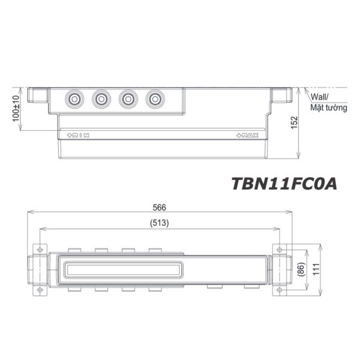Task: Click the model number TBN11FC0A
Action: (284, 183)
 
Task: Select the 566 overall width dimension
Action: (159, 207)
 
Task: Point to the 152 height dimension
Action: (294, 122)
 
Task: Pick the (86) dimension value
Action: (299, 270)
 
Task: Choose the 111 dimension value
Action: (314, 270)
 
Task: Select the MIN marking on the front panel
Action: (79, 136)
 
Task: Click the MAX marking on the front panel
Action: (248, 136)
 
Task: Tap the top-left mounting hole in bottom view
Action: (40, 249)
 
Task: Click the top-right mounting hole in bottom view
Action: (279, 249)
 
